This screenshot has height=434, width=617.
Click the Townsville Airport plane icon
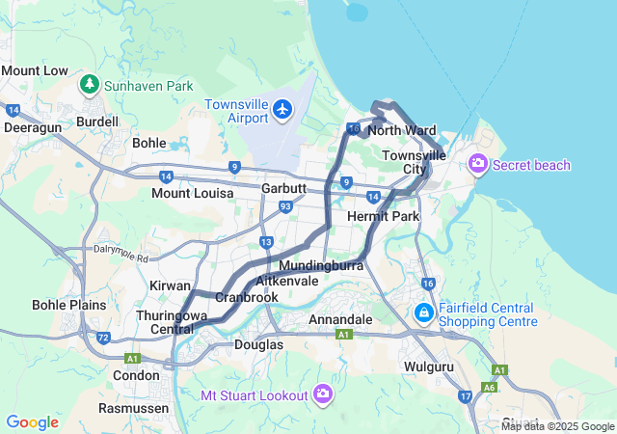tap(282, 109)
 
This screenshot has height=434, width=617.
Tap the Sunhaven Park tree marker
tap(89, 85)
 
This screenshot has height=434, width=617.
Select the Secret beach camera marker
tap(477, 165)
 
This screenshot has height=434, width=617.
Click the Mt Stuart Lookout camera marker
tap(323, 394)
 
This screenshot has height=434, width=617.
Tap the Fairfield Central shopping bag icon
tap(423, 313)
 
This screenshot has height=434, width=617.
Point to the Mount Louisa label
tap(192, 193)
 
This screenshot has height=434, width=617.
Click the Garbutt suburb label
tap(283, 189)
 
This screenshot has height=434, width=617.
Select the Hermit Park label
tap(383, 216)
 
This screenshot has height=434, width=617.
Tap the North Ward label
tap(402, 130)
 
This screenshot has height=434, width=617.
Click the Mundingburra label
tap(320, 263)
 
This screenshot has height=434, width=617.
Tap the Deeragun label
tap(34, 126)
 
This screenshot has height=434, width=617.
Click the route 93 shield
tap(284, 206)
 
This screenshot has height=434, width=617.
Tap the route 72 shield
tap(103, 338)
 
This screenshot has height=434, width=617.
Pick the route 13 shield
tap(266, 241)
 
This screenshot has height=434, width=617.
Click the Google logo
tap(32, 422)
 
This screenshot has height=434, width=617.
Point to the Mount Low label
tap(35, 70)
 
